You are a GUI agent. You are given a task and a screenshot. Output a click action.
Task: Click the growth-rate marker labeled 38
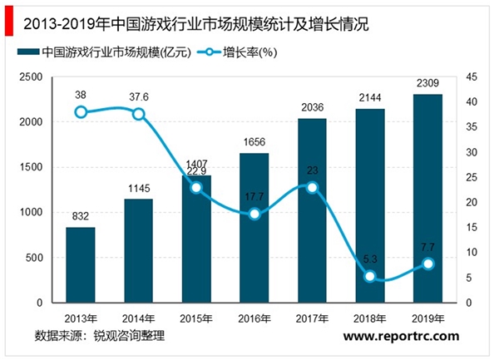click(x=81, y=112)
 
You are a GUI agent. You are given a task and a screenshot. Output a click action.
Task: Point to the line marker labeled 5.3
click(x=370, y=276)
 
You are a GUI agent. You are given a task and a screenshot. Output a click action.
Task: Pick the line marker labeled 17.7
click(x=254, y=214)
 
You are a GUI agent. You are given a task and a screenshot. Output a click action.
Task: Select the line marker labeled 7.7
click(x=427, y=264)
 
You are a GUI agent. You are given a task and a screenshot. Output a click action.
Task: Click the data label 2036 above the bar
click(x=312, y=109)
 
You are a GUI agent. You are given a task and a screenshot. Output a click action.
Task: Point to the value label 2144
click(x=370, y=99)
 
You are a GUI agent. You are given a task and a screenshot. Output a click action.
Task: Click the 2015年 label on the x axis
click(x=196, y=317)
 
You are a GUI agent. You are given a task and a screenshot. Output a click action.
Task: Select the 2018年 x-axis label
click(x=370, y=317)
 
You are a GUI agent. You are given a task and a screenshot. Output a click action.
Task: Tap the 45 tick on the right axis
click(x=471, y=77)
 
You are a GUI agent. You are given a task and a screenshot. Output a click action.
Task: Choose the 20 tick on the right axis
click(x=471, y=203)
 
